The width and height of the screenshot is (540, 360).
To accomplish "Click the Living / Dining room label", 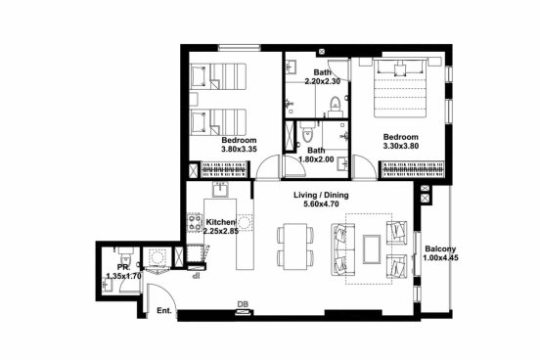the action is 321,195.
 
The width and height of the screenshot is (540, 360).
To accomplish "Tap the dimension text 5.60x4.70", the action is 321,203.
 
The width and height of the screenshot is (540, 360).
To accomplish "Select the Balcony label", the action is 440,248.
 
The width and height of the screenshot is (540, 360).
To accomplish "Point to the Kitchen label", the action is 221,222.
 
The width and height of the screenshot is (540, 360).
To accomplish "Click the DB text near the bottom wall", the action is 243,304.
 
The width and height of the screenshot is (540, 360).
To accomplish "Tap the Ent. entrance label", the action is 164,310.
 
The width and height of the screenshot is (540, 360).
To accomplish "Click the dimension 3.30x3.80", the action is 401,146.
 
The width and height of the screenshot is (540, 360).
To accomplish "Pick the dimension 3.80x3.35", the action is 240,149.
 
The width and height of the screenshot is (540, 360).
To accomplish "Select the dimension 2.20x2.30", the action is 323,81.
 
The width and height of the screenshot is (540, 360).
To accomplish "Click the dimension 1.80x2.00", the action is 316,159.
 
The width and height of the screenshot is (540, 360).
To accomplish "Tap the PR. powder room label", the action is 123,267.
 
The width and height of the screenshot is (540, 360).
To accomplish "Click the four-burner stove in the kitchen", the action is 195,222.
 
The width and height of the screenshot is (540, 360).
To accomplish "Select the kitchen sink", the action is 220,189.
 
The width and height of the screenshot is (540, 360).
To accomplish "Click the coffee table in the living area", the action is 372,249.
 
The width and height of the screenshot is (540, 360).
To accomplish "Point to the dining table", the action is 295,246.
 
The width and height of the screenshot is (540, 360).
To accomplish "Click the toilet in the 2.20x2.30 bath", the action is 335,105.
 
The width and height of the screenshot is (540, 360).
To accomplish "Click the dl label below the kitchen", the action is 197,275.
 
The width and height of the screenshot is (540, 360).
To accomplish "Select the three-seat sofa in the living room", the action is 343,249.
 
